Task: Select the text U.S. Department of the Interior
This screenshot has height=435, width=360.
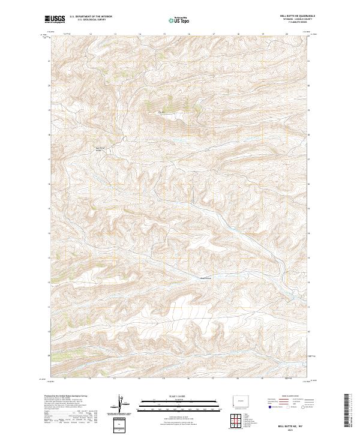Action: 91,17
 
